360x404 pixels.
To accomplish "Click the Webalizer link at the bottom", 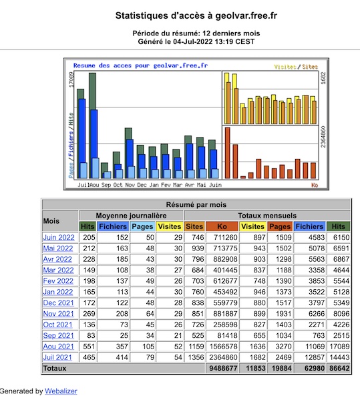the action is [61, 391].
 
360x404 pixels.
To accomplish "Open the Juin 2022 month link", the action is [59, 237].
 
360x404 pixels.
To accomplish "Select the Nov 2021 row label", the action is [59, 314].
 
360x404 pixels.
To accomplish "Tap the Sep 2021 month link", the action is [58, 335].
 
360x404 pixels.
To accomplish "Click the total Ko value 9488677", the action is [223, 368].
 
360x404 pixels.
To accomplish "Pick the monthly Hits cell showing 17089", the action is [339, 347].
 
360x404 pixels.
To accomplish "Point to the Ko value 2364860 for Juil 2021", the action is [223, 357].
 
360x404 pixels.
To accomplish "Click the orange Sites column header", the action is [194, 226].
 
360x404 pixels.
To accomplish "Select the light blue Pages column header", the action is [142, 226].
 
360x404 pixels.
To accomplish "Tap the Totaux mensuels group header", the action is [267, 216].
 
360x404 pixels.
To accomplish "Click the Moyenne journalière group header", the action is [131, 216].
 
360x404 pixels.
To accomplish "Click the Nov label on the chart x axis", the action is [130, 185].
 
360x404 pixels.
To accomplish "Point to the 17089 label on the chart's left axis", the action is [71, 79].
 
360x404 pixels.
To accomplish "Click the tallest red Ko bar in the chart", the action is [227, 153].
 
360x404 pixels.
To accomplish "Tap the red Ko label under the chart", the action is [315, 185].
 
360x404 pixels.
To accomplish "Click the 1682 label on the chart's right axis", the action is [323, 78].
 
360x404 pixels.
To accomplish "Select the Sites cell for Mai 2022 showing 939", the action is [198, 248].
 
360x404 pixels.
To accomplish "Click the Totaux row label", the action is [55, 369].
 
